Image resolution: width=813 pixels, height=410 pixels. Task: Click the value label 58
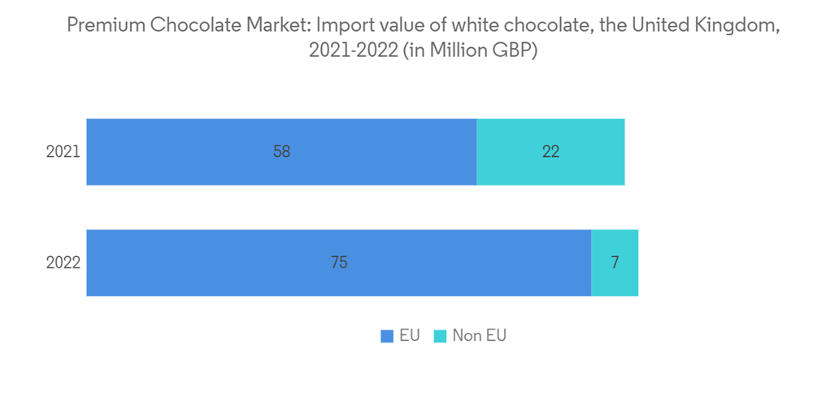click(x=281, y=152)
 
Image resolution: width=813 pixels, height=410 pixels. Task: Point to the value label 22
click(x=550, y=152)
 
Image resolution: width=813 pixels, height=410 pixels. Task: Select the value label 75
click(x=339, y=263)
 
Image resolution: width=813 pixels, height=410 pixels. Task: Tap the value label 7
click(x=615, y=263)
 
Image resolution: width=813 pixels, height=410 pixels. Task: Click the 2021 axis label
click(x=63, y=152)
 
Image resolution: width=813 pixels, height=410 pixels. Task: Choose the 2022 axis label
click(x=63, y=263)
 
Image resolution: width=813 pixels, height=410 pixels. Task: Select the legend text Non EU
click(x=479, y=336)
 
